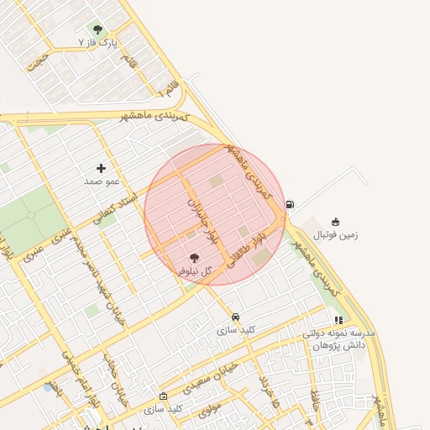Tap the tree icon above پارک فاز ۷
tap(97, 29)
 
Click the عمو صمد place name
tap(102, 181)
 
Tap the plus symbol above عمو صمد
tap(102, 169)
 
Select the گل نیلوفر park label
tap(194, 271)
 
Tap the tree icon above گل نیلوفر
tap(194, 259)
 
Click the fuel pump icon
tap(290, 203)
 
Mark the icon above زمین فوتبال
tap(336, 222)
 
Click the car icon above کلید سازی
tap(235, 317)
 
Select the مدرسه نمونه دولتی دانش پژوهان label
tap(339, 339)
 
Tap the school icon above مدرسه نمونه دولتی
tap(338, 320)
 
